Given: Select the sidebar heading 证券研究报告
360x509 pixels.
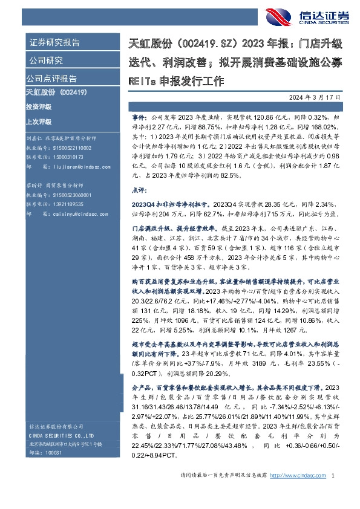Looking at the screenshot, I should [x=55, y=43].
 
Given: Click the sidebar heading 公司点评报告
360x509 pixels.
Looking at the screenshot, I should [x=51, y=79].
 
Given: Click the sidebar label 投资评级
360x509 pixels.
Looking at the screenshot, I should [x=39, y=106].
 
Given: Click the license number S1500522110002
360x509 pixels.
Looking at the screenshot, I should [x=71, y=148].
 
